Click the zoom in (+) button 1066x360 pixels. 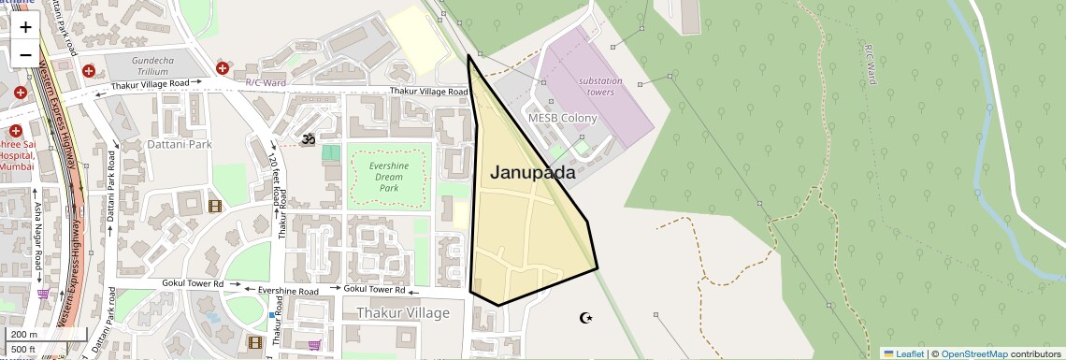pyautogui.click(x=25, y=27)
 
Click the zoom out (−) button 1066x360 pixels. pyautogui.click(x=25, y=53)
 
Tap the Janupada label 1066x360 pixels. pyautogui.click(x=532, y=172)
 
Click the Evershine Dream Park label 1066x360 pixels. pyautogui.click(x=389, y=177)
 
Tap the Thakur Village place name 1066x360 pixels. pyautogui.click(x=403, y=312)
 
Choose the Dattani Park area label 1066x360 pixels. pyautogui.click(x=180, y=145)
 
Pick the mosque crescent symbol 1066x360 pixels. pyautogui.click(x=586, y=319)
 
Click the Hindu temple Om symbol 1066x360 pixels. pyautogui.click(x=307, y=139)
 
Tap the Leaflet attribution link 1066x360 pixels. pyautogui.click(x=905, y=353)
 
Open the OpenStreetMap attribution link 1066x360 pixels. pyautogui.click(x=974, y=353)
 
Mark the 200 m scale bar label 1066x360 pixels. pyautogui.click(x=23, y=334)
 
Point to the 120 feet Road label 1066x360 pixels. pyautogui.click(x=276, y=183)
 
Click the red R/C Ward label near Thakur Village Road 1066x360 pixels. pyautogui.click(x=266, y=82)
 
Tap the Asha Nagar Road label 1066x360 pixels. pyautogui.click(x=37, y=238)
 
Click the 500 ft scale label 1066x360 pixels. pyautogui.click(x=23, y=350)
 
